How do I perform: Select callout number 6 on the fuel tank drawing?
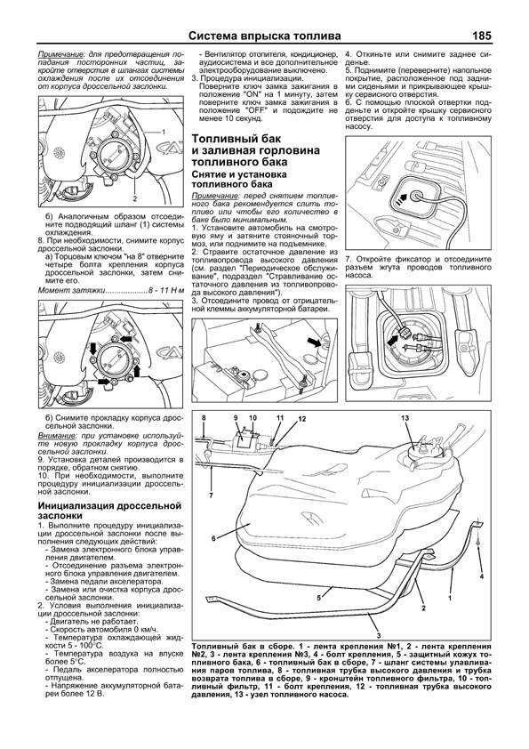point(213,538)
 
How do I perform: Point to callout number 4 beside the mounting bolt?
point(481,576)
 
